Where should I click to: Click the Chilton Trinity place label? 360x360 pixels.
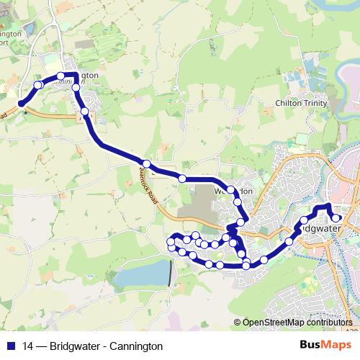(301, 104)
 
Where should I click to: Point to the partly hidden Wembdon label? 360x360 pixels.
(234, 192)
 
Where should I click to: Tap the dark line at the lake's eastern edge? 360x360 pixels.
(171, 274)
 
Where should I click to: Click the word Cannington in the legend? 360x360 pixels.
(138, 346)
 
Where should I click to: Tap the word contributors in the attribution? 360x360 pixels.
(328, 323)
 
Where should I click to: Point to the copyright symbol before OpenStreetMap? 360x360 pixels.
(237, 323)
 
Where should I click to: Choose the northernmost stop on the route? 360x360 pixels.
(61, 76)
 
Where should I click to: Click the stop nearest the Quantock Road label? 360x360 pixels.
(146, 163)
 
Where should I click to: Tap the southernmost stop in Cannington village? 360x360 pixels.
(85, 111)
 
